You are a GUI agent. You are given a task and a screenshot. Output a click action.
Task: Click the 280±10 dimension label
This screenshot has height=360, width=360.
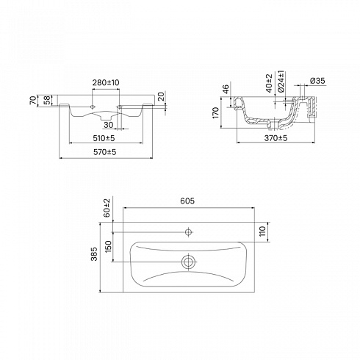click(x=106, y=82)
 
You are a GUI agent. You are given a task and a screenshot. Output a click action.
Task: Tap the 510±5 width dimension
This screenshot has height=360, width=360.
click(x=104, y=138)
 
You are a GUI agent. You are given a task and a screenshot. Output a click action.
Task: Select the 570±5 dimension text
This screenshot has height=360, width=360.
click(x=105, y=152)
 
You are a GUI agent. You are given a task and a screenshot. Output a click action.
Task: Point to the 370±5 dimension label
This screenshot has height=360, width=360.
click(x=276, y=138)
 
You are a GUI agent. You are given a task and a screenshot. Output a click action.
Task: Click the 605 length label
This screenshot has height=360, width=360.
click(x=187, y=201)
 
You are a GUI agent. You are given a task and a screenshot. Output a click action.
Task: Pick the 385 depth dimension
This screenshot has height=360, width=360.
click(x=94, y=254)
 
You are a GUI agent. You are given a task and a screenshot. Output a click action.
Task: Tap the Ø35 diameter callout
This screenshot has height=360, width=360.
click(x=317, y=81)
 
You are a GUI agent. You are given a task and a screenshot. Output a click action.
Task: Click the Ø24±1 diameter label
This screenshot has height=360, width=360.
click(x=281, y=82)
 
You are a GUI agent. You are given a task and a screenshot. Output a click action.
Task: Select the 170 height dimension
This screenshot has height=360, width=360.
click(x=216, y=112)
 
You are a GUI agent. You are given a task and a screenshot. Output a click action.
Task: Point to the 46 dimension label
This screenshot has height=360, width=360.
click(x=226, y=89)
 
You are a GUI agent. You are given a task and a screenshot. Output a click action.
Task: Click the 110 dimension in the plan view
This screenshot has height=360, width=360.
click(x=263, y=231)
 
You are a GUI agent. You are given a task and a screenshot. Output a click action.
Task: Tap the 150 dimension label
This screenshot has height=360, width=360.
click(x=108, y=246)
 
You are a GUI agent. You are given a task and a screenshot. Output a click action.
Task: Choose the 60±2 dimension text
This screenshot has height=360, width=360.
click(x=107, y=208)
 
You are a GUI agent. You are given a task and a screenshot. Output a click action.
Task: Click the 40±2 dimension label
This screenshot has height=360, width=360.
click(x=269, y=83)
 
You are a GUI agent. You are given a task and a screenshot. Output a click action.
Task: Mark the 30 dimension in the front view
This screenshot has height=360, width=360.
click(x=108, y=125)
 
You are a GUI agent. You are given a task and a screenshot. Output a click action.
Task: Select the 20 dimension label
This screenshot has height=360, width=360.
click(x=161, y=96)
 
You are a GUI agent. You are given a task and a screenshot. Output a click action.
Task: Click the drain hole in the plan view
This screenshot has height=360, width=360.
click(x=188, y=262)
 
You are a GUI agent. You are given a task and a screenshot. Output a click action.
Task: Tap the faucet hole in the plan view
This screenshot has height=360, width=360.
click(x=188, y=231)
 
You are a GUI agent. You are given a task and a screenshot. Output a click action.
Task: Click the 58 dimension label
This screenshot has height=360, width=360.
click(x=47, y=100)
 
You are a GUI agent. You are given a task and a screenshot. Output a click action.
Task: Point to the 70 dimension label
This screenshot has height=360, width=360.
click(x=33, y=101)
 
